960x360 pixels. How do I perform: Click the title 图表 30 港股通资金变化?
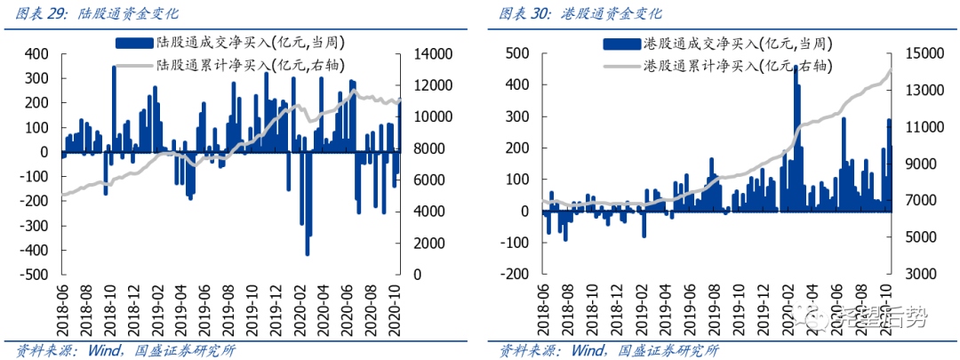click(x=580, y=13)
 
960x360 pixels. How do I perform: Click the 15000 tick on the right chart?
click(x=922, y=54)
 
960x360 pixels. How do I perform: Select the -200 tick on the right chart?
click(x=517, y=275)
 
